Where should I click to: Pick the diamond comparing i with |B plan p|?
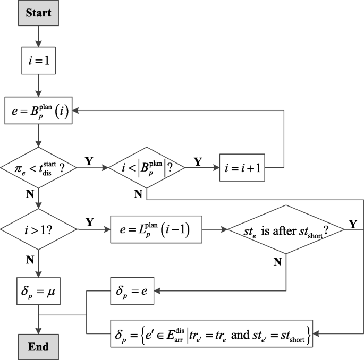(146, 168)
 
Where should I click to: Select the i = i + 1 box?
(242, 168)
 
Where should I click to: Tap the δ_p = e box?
(135, 291)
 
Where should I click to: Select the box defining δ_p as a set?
(211, 332)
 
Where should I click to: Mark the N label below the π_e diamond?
(30, 194)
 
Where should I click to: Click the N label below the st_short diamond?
(277, 262)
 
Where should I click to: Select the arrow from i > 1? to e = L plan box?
(94, 229)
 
